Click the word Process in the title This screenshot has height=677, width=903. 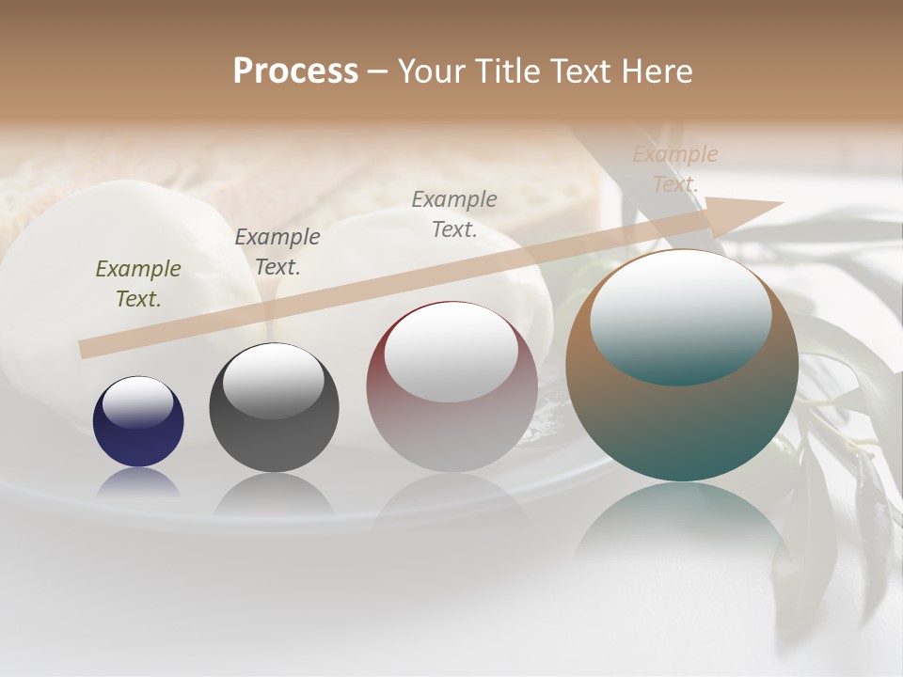pos(295,71)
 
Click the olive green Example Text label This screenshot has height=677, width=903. pos(137,283)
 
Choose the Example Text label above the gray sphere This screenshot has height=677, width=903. pos(277,251)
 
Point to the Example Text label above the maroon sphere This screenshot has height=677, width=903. pos(454,213)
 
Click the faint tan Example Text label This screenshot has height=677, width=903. pos(675,169)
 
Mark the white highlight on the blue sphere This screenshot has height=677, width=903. pos(138,403)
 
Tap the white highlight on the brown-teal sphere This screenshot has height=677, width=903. pos(681,315)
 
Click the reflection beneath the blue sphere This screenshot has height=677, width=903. pos(138,481)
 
